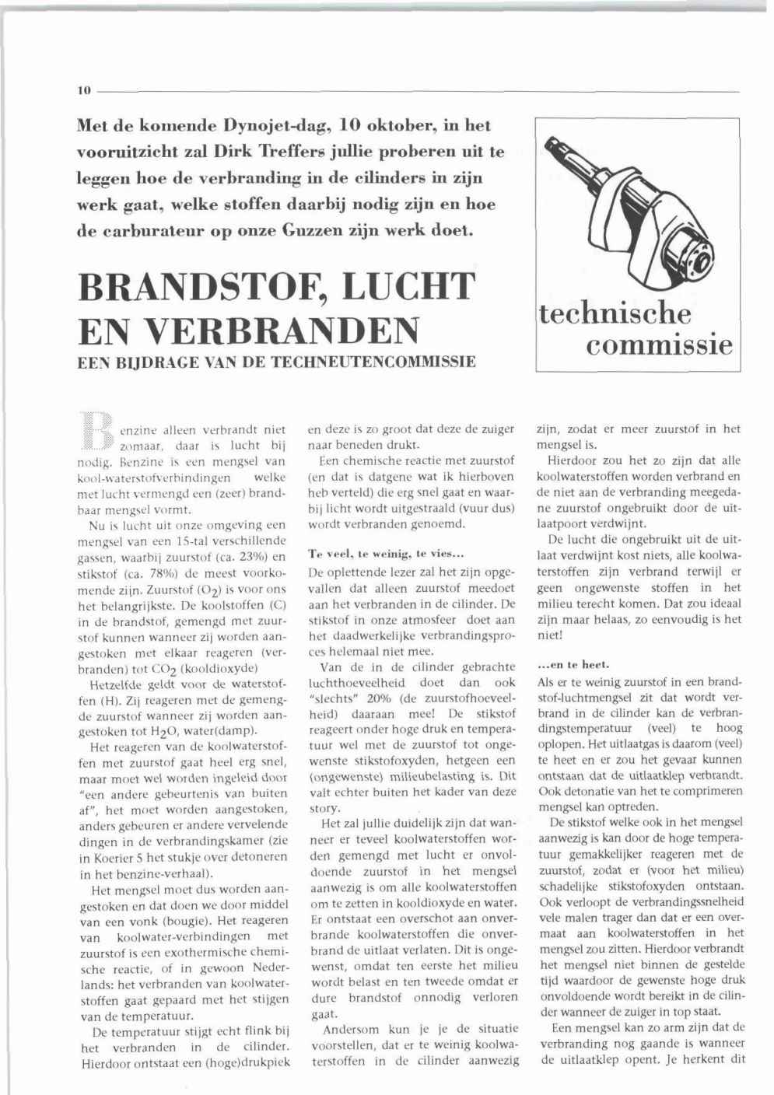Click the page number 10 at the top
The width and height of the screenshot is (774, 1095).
[85, 90]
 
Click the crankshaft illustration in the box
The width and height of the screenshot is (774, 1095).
[638, 210]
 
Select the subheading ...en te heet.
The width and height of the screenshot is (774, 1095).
[562, 665]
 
